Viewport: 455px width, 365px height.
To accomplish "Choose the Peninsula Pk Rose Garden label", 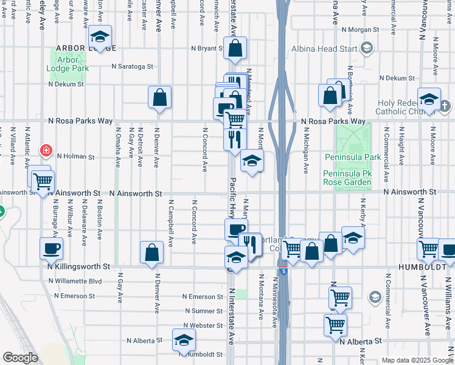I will pyautogui.click(x=347, y=178).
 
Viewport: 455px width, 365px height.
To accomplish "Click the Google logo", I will pyautogui.click(x=20, y=358).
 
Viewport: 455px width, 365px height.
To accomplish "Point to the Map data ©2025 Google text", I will pyautogui.click(x=417, y=360).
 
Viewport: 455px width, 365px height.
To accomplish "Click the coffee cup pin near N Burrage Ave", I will pyautogui.click(x=51, y=248).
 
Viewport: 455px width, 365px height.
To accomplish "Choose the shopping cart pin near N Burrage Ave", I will pyautogui.click(x=43, y=181).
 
